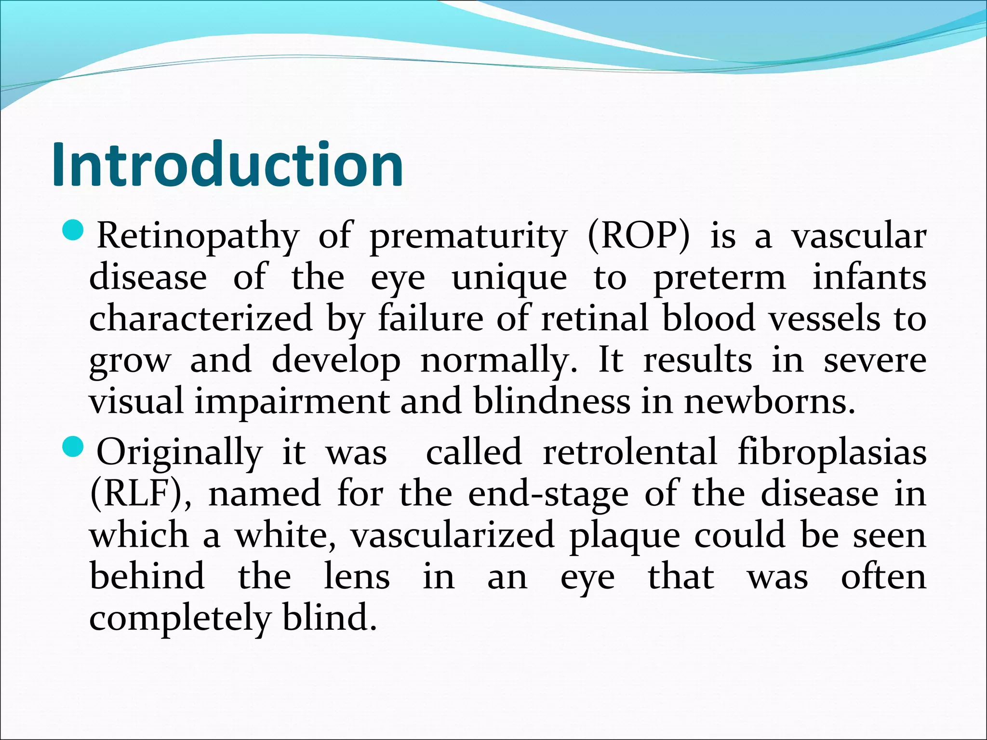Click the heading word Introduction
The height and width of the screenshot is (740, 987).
[227, 165]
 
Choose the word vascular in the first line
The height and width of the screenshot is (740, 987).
[859, 236]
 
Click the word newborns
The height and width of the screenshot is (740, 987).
[770, 402]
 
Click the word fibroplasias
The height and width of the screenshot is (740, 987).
[832, 453]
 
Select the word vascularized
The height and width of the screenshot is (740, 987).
[453, 536]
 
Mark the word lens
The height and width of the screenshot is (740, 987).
[357, 577]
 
